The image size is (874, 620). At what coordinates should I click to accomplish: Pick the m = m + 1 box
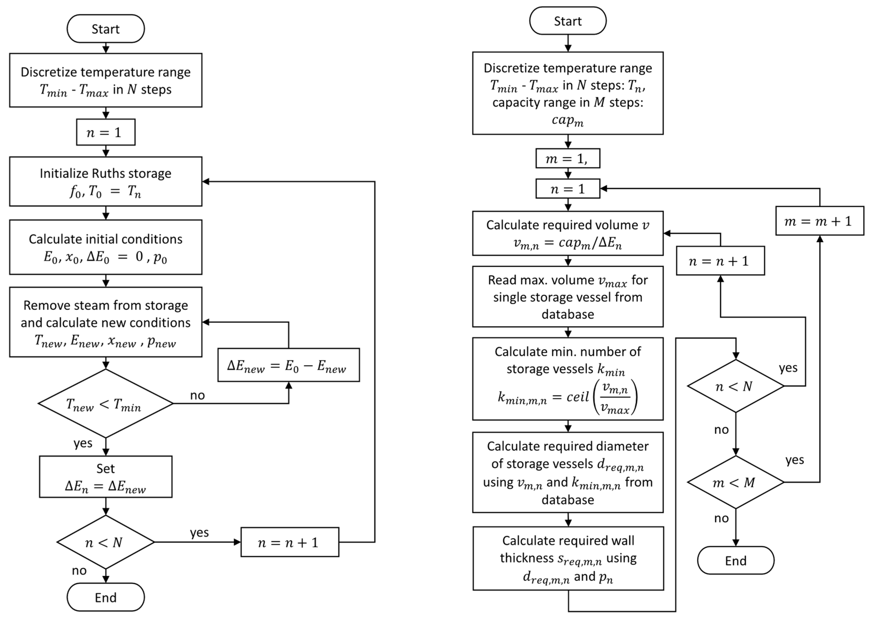(x=819, y=221)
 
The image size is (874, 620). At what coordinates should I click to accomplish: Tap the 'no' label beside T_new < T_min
(x=197, y=395)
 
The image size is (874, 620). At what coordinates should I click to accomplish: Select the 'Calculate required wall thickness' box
(x=568, y=558)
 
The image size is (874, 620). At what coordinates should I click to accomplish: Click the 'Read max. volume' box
(x=568, y=297)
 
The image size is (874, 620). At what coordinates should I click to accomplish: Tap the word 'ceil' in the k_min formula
(x=577, y=397)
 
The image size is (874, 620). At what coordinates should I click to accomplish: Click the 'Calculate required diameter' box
(x=568, y=472)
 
